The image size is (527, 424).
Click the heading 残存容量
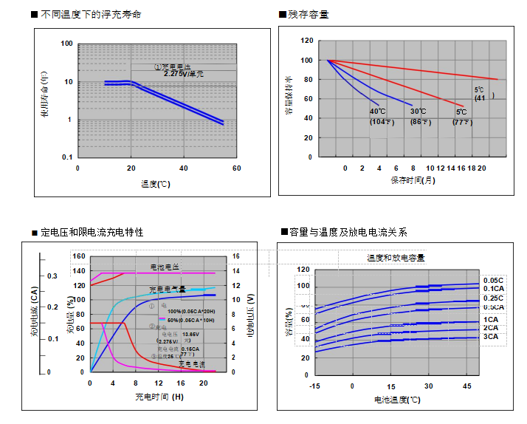coord(309,15)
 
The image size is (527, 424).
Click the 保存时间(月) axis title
coord(413,179)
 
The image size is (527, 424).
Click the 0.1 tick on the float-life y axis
coord(66,157)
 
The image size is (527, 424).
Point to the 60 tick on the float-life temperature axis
coord(236,168)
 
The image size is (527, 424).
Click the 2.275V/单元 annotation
coord(183,74)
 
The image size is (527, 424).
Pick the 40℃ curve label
coord(378,112)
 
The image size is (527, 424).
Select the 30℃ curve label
coord(418,112)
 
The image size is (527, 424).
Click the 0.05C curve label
coord(493,280)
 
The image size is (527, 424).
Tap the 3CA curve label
coord(490,337)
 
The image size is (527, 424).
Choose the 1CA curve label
coord(490,319)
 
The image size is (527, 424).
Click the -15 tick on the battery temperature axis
coord(314,386)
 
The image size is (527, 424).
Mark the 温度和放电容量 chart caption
coord(396,258)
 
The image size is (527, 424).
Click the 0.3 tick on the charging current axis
coord(53,276)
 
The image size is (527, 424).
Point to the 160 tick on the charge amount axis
coord(80,257)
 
